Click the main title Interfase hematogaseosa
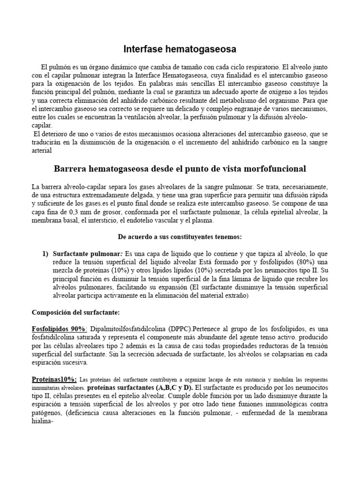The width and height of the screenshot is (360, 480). coord(180,49)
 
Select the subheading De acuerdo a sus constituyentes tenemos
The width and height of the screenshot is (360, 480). coord(180,237)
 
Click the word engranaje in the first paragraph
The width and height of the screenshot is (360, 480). coord(254,109)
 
